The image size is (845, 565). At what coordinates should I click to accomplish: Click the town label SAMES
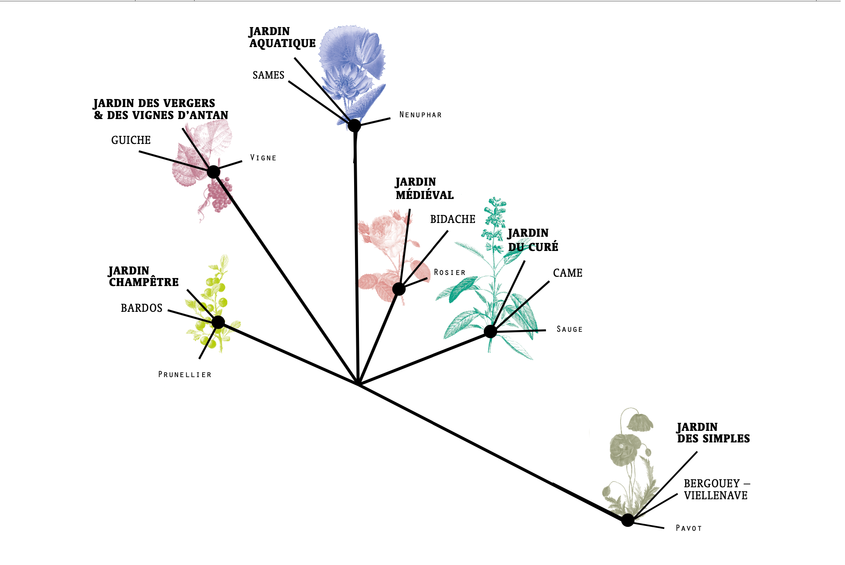pyautogui.click(x=268, y=75)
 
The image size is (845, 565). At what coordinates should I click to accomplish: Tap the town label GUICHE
pyautogui.click(x=131, y=140)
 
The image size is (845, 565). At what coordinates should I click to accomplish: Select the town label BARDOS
pyautogui.click(x=141, y=308)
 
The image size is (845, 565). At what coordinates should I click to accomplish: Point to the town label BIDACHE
pyautogui.click(x=452, y=219)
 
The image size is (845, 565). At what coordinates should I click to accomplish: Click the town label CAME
pyautogui.click(x=567, y=273)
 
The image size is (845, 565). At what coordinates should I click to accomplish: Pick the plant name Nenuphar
pyautogui.click(x=420, y=115)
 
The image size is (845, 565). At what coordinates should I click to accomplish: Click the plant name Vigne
pyautogui.click(x=263, y=158)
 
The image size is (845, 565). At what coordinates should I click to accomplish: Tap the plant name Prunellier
pyautogui.click(x=185, y=375)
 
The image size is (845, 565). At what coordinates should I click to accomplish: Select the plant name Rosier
pyautogui.click(x=450, y=273)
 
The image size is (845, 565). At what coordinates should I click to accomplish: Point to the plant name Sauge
pyautogui.click(x=570, y=330)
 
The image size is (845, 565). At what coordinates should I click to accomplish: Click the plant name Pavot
pyautogui.click(x=689, y=528)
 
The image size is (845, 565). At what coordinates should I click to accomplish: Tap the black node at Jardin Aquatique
pyautogui.click(x=354, y=126)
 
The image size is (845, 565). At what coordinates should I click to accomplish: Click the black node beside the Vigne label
pyautogui.click(x=214, y=172)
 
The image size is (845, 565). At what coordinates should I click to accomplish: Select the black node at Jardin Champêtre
pyautogui.click(x=218, y=322)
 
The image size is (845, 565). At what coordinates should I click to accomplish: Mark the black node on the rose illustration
pyautogui.click(x=399, y=289)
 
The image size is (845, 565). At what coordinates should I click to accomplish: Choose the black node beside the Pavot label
pyautogui.click(x=627, y=520)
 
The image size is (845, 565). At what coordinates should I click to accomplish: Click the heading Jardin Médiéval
pyautogui.click(x=424, y=189)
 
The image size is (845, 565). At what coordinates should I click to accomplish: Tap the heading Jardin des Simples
pyautogui.click(x=713, y=433)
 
